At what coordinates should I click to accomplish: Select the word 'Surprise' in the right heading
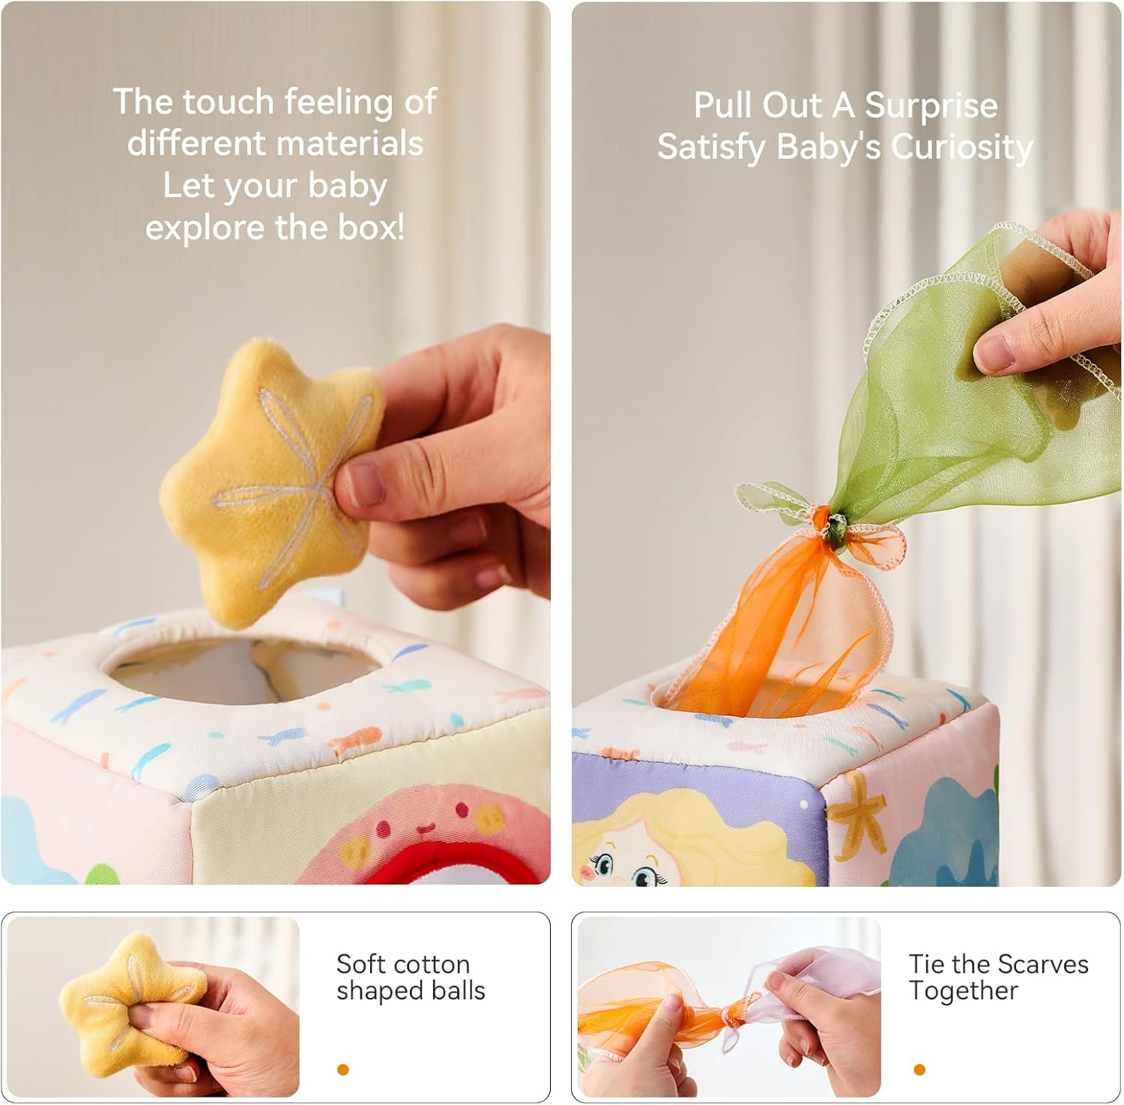[931, 106]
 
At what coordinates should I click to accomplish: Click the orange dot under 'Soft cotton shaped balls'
[343, 1069]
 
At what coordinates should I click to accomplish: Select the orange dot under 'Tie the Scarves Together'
[919, 1069]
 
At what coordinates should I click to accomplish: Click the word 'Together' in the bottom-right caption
[964, 991]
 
